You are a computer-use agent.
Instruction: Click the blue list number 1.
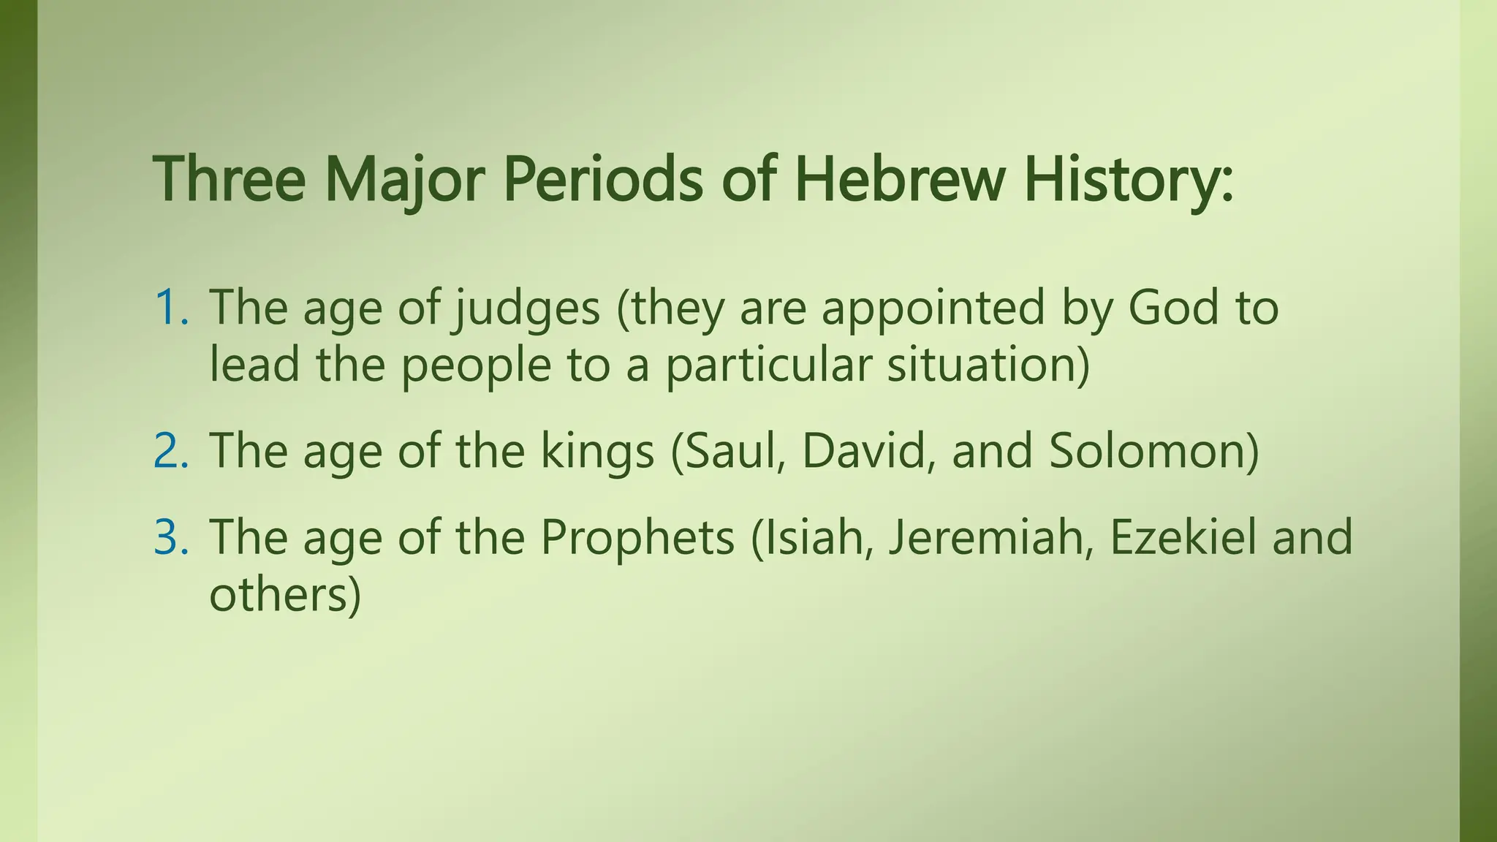coord(170,308)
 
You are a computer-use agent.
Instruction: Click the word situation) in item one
coord(988,365)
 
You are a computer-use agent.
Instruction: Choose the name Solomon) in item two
coord(1154,451)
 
